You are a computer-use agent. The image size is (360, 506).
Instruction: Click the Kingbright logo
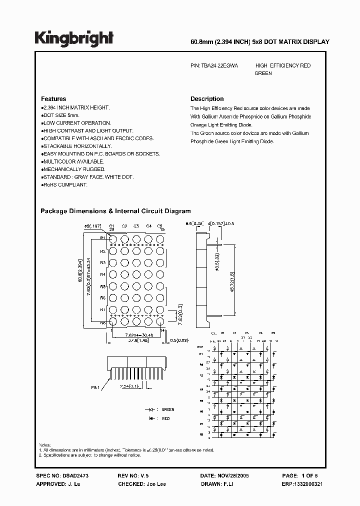click(x=74, y=38)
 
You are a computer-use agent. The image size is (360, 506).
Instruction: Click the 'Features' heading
click(x=53, y=99)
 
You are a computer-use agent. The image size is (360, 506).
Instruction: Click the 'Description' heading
click(x=207, y=99)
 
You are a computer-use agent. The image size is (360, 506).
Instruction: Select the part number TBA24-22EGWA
click(x=219, y=65)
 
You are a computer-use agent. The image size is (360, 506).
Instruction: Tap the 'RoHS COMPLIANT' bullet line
click(x=65, y=184)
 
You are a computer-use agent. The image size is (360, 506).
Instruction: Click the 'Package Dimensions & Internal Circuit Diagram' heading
click(x=115, y=211)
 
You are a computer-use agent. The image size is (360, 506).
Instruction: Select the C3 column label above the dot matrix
click(x=136, y=226)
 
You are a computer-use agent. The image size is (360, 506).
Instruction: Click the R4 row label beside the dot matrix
click(x=103, y=274)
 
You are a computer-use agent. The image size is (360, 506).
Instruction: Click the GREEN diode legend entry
click(x=167, y=409)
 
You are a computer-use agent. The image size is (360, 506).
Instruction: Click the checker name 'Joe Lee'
click(x=156, y=484)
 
